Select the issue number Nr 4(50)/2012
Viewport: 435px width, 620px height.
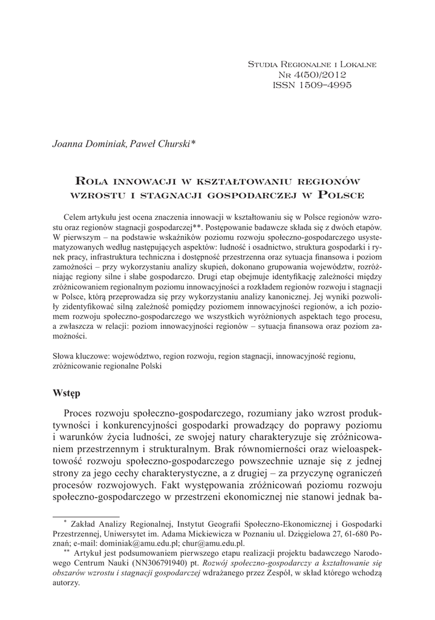(x=313, y=74)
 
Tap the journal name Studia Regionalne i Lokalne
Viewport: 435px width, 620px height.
(x=313, y=63)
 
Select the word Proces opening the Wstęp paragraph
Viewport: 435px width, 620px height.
(x=81, y=414)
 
